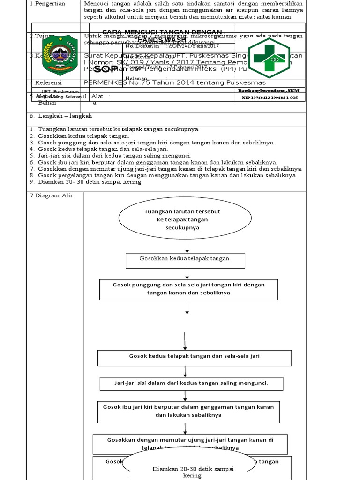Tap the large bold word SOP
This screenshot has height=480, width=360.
[105, 69]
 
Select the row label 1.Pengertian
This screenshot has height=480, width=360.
[46, 4]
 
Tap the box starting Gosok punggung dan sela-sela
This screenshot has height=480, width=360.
[188, 289]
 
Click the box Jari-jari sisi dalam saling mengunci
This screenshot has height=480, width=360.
[191, 383]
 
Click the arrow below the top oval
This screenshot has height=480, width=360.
[187, 246]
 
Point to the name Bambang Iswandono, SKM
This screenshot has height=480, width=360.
[269, 90]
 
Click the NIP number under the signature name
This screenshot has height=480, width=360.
[270, 97]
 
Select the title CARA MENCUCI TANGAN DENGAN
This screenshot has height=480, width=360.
[169, 32]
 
